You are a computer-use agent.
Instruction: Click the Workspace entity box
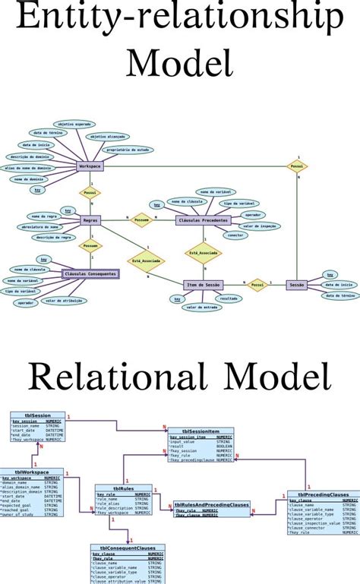pyautogui.click(x=90, y=166)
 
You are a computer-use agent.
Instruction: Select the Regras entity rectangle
pyautogui.click(x=90, y=220)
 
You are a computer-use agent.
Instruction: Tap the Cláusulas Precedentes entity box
pyautogui.click(x=203, y=220)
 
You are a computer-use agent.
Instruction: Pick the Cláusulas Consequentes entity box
pyautogui.click(x=90, y=273)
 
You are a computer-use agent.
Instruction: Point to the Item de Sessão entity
pyautogui.click(x=203, y=285)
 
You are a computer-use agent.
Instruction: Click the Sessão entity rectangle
pyautogui.click(x=297, y=285)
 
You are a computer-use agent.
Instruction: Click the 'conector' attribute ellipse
pyautogui.click(x=235, y=235)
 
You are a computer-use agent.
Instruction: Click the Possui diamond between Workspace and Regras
pyautogui.click(x=90, y=193)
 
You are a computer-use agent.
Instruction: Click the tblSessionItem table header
pyautogui.click(x=201, y=431)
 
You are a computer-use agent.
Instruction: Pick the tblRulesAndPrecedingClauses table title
pyautogui.click(x=211, y=504)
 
